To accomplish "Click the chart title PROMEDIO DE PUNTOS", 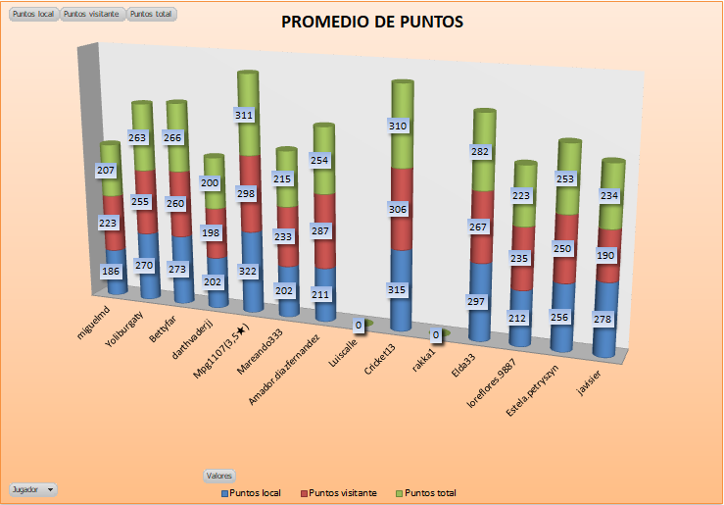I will click(372, 23).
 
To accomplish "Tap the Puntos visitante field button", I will click(93, 15).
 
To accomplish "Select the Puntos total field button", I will click(153, 15).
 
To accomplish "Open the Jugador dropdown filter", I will click(32, 487).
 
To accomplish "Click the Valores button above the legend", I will click(219, 476).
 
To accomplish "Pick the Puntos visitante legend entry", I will click(338, 492).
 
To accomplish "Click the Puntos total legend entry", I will click(426, 492).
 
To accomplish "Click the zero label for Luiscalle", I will click(360, 325).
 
